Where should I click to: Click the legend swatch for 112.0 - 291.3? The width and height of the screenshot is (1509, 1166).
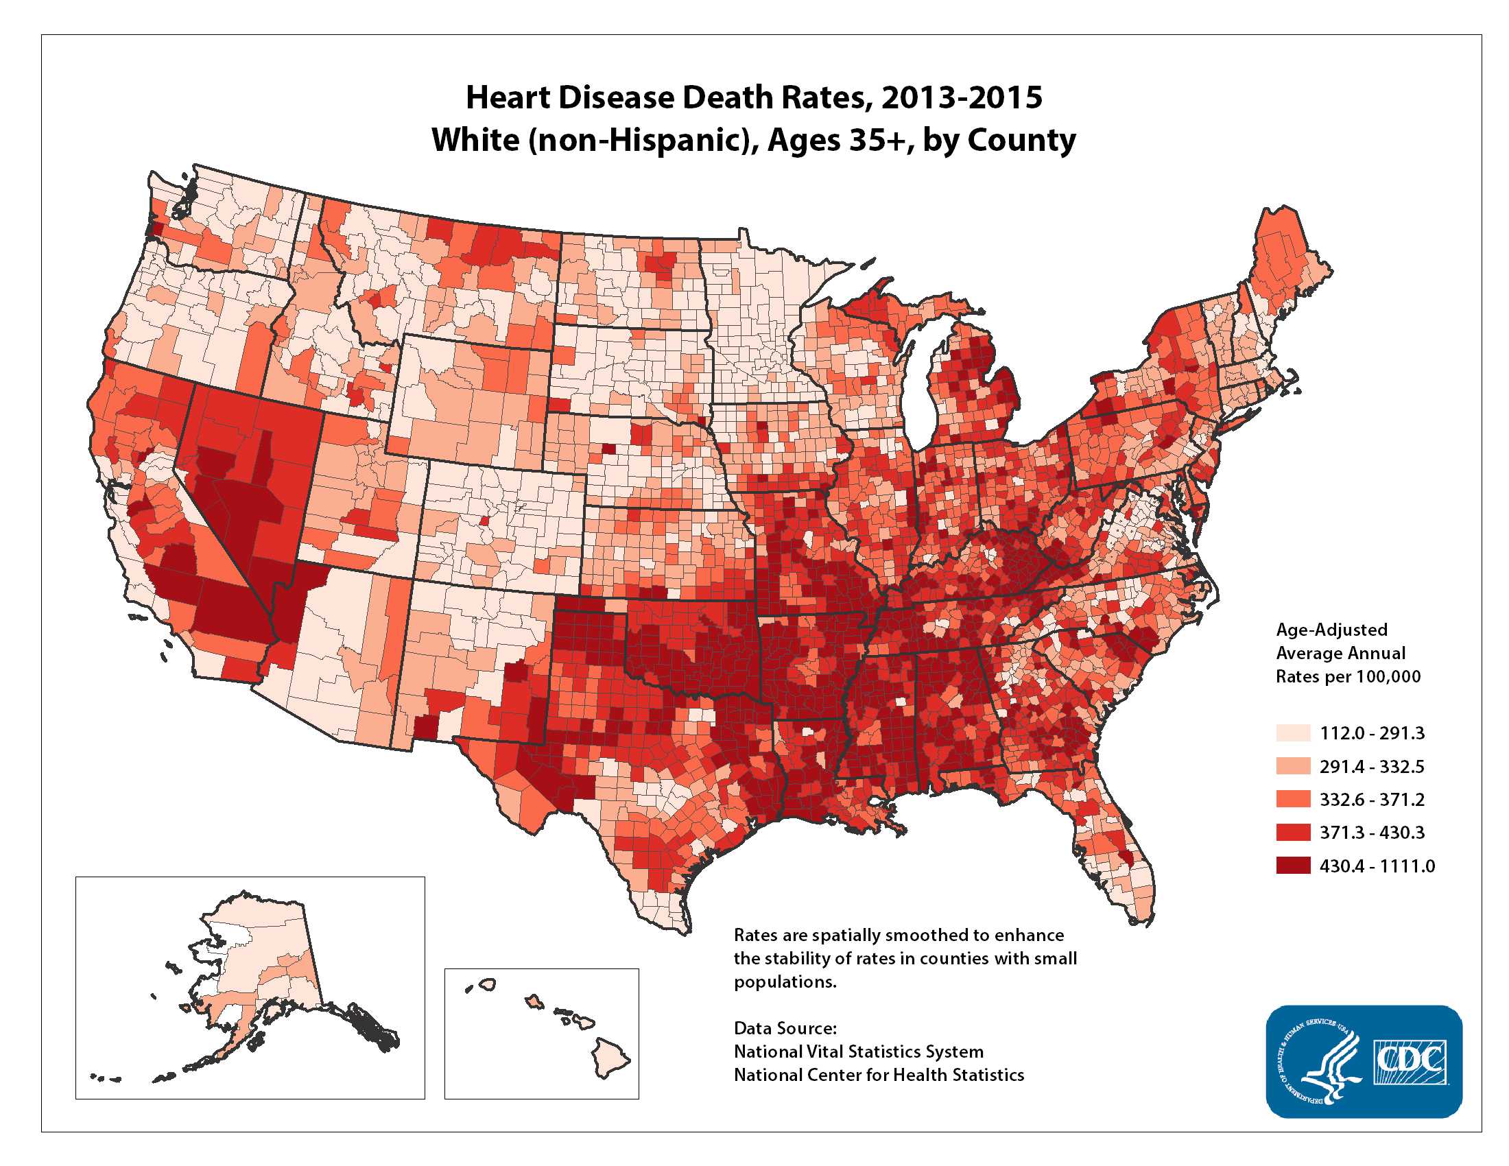[1293, 733]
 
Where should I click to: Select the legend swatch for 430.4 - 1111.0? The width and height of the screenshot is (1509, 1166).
[1293, 866]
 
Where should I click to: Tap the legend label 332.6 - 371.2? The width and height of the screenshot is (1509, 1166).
[1372, 799]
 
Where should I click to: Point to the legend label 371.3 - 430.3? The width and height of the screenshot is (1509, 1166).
[1372, 833]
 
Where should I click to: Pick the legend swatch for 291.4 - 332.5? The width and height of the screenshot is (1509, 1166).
[1293, 766]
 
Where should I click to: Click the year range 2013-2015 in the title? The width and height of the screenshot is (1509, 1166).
[961, 97]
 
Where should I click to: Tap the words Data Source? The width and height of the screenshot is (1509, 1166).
[785, 1028]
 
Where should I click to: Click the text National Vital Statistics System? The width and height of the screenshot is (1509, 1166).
[858, 1051]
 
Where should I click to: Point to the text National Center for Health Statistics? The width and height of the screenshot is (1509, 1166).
[878, 1075]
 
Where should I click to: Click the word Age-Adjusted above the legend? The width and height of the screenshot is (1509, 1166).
[1331, 629]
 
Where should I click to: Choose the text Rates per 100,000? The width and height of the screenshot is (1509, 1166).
[1348, 676]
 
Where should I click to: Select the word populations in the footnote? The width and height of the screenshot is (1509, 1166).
[785, 981]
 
